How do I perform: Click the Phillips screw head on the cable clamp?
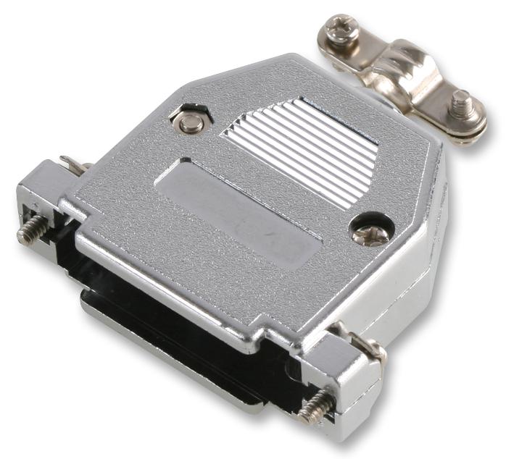340,30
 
